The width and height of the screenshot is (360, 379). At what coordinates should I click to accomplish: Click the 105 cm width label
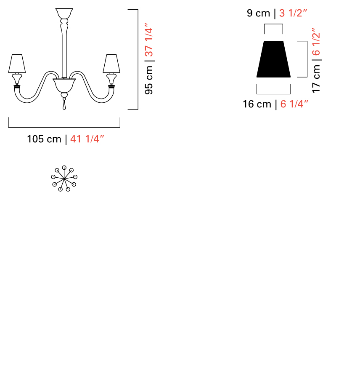click(x=44, y=139)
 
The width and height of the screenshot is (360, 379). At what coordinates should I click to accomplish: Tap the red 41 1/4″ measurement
click(x=87, y=139)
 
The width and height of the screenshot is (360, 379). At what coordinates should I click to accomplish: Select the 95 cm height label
click(x=149, y=80)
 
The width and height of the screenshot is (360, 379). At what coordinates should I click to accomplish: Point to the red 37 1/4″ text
click(x=149, y=40)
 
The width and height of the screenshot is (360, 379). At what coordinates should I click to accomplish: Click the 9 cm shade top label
click(x=258, y=13)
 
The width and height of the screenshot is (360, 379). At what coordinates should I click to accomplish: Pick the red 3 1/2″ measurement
click(x=293, y=13)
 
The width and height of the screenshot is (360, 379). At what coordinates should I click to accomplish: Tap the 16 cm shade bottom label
click(x=257, y=104)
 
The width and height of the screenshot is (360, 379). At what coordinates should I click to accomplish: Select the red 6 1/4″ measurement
click(x=294, y=104)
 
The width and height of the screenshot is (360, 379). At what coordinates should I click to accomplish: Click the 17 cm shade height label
click(x=316, y=79)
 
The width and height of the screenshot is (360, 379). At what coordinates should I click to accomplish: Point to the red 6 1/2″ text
click(x=316, y=42)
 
